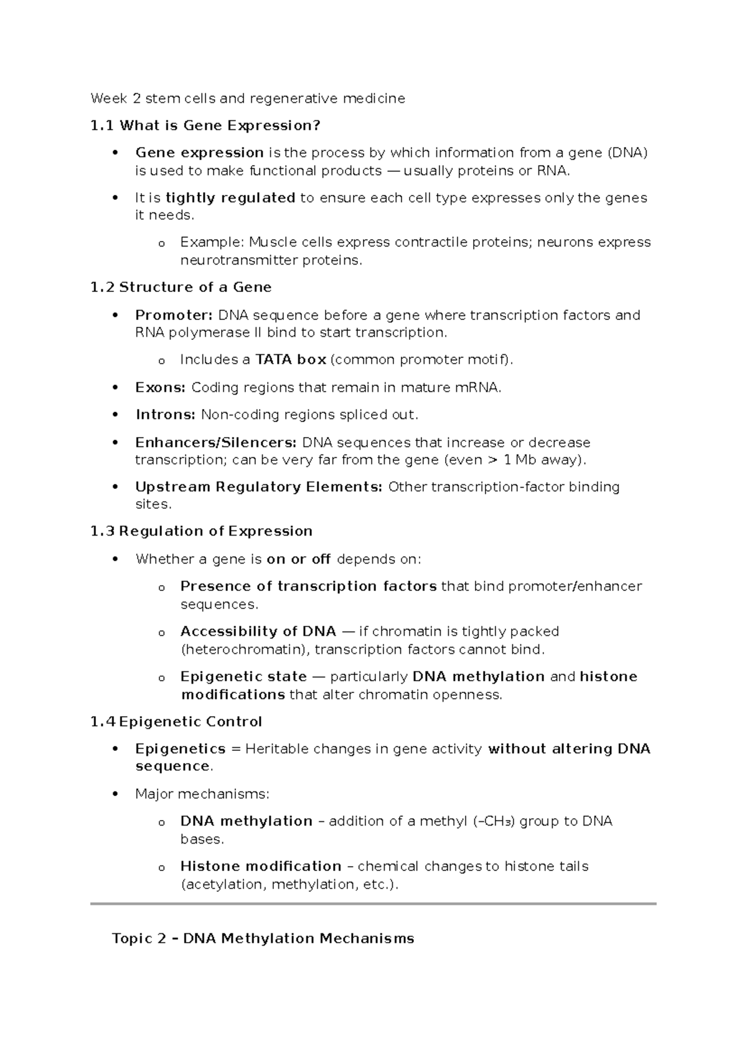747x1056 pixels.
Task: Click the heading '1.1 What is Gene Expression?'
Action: click(x=205, y=126)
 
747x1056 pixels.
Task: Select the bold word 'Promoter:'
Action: click(x=174, y=315)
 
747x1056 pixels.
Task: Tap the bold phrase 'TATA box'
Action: click(x=291, y=360)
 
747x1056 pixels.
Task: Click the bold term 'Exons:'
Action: click(x=160, y=387)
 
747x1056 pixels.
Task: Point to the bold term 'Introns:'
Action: click(x=165, y=415)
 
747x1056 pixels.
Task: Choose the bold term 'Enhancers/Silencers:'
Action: click(x=215, y=443)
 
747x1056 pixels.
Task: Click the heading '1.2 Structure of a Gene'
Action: click(x=181, y=287)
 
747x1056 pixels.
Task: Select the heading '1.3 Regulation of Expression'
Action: click(x=201, y=531)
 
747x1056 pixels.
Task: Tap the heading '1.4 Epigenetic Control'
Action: click(x=176, y=722)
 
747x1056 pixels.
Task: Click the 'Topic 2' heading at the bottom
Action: click(x=263, y=938)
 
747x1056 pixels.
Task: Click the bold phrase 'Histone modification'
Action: click(x=260, y=866)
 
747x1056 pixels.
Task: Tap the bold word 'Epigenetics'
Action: click(x=180, y=748)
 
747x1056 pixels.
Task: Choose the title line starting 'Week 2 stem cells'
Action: click(x=247, y=98)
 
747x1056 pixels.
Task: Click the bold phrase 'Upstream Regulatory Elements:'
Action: click(x=258, y=487)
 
